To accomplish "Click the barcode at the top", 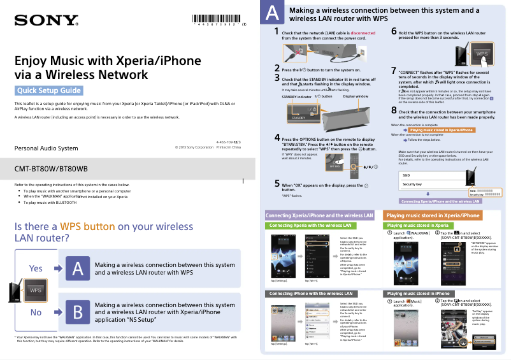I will coord(218,18).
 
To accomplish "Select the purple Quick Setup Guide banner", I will coord(49,90).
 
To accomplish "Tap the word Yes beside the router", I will coord(36,269).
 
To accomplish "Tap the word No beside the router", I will coord(36,312).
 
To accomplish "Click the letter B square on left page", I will coord(77,312).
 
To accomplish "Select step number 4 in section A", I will coord(277,138).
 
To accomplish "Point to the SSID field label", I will coord(406,175).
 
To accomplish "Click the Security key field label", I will coord(412,184).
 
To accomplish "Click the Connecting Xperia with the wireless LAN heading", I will coord(310,226).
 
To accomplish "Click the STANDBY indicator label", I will coord(296,96).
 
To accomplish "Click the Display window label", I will coord(356,96).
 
